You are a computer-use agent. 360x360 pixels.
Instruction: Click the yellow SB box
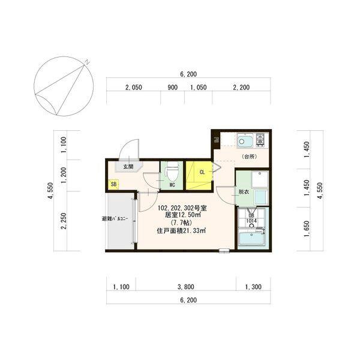pos(114,185)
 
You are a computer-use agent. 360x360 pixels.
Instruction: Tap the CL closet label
pos(202,172)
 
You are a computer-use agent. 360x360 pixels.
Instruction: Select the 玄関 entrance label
pos(128,167)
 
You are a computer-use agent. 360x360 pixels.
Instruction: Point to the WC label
pos(171,185)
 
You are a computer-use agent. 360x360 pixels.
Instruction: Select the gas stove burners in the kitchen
pos(261,141)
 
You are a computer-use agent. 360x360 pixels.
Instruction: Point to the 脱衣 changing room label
pos(243,192)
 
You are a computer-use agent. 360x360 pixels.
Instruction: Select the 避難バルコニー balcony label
pos(114,219)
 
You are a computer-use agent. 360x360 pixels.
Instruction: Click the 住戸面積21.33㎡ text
pos(182,230)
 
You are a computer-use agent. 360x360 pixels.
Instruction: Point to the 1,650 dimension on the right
pos(307,229)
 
